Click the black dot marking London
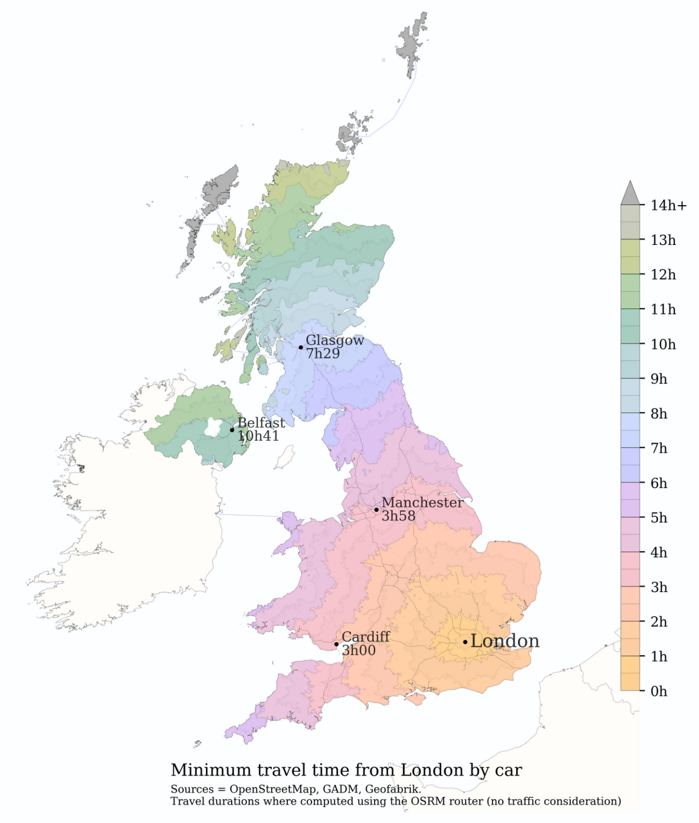(465, 642)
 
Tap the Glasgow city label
(334, 340)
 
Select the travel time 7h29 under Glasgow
(323, 354)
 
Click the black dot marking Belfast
(232, 430)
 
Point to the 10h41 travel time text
(258, 436)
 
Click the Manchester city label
(422, 503)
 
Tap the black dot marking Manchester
(376, 510)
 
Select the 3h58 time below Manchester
(398, 516)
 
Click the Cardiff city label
(366, 637)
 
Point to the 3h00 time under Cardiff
(359, 650)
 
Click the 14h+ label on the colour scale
(668, 205)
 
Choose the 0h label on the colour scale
(659, 691)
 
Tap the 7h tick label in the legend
(659, 448)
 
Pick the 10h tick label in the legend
(663, 344)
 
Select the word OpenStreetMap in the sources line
(272, 789)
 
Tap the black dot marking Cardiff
(337, 644)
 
